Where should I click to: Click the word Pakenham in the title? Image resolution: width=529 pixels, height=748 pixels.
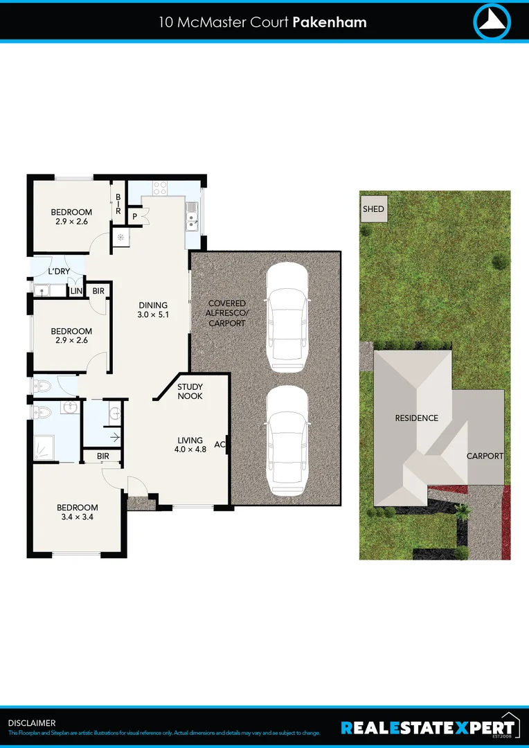330,22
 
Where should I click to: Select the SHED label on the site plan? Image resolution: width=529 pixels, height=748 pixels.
373,208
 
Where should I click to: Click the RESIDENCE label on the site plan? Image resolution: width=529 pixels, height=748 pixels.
416,418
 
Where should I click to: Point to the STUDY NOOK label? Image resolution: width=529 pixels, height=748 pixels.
190,391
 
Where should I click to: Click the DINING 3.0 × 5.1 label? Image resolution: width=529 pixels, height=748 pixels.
153,310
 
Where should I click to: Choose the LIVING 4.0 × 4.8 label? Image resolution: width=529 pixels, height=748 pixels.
190,445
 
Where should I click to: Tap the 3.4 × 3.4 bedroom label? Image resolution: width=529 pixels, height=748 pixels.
77,512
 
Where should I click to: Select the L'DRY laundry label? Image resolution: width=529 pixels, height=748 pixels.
58,271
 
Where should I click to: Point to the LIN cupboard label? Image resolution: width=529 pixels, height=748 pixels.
76,292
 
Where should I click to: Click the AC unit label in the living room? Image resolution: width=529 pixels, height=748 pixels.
219,445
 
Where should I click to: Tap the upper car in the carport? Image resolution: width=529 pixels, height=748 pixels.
287,316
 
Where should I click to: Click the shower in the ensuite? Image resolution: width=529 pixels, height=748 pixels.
45,448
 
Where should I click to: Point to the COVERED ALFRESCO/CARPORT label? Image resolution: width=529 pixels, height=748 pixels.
227,314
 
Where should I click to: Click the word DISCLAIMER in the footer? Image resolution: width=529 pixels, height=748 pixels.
32,723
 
